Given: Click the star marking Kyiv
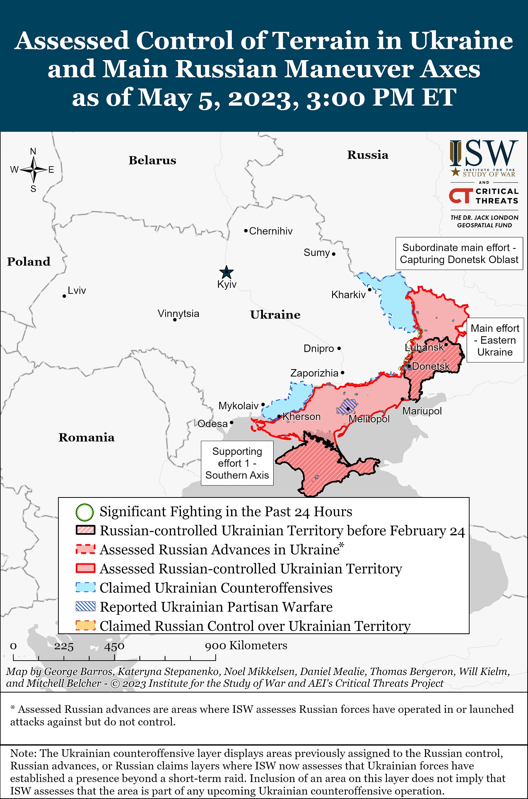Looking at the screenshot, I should (226, 273).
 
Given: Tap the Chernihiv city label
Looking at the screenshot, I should (270, 231).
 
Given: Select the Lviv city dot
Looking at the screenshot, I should (64, 296).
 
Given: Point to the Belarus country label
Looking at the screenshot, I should (152, 160).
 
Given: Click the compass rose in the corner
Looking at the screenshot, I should (34, 170).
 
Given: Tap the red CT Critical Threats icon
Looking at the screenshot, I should (460, 196).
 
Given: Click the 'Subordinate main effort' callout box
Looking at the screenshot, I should (459, 253).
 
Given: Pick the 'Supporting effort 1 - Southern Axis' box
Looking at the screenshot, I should (237, 463).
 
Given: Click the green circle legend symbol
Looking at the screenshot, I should (84, 512).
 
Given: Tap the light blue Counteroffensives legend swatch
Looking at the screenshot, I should (85, 588).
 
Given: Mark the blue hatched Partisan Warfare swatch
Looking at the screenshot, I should (85, 607).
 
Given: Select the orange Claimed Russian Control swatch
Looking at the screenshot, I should (85, 625).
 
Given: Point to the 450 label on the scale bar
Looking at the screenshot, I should (114, 646).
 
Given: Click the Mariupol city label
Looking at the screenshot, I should (422, 411).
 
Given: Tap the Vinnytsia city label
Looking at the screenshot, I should (178, 314).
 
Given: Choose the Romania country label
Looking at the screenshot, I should (86, 437).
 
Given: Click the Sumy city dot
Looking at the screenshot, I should (333, 254).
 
